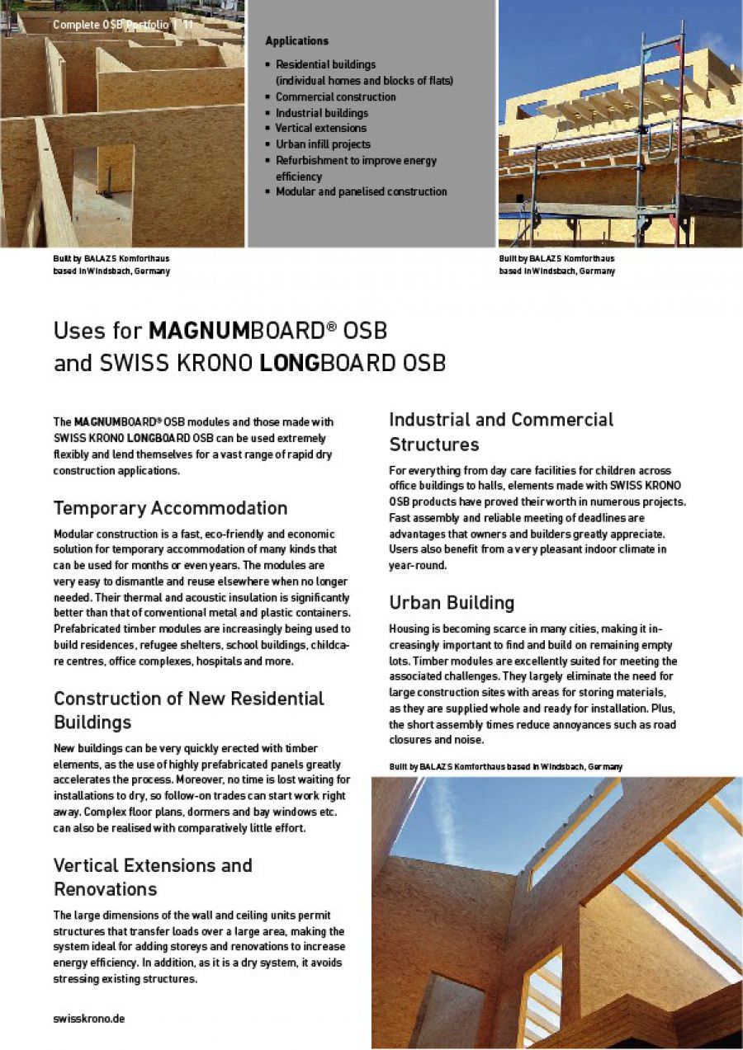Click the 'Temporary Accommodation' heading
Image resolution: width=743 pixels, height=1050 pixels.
170,508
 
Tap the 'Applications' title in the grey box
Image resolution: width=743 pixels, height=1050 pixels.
296,41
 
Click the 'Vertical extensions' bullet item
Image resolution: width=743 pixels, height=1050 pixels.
320,129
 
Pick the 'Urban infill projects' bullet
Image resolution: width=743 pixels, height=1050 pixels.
323,144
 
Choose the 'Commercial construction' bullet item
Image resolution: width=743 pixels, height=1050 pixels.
335,97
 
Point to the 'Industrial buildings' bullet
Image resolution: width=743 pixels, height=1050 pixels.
321,113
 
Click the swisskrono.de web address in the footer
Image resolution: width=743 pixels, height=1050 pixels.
89,1018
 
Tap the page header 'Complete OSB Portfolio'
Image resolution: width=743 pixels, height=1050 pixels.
111,25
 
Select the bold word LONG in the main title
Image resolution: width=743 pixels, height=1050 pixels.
296,363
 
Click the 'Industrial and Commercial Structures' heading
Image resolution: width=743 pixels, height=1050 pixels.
500,431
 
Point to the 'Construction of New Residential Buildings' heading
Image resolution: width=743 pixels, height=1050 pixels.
188,710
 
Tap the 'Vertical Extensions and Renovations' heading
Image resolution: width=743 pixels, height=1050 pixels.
153,877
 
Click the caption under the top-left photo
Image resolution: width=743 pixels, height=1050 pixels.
111,265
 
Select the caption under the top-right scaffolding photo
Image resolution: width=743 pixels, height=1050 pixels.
556,265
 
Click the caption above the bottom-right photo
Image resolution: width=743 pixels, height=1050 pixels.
505,767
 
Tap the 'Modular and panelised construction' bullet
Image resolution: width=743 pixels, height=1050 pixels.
361,191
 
